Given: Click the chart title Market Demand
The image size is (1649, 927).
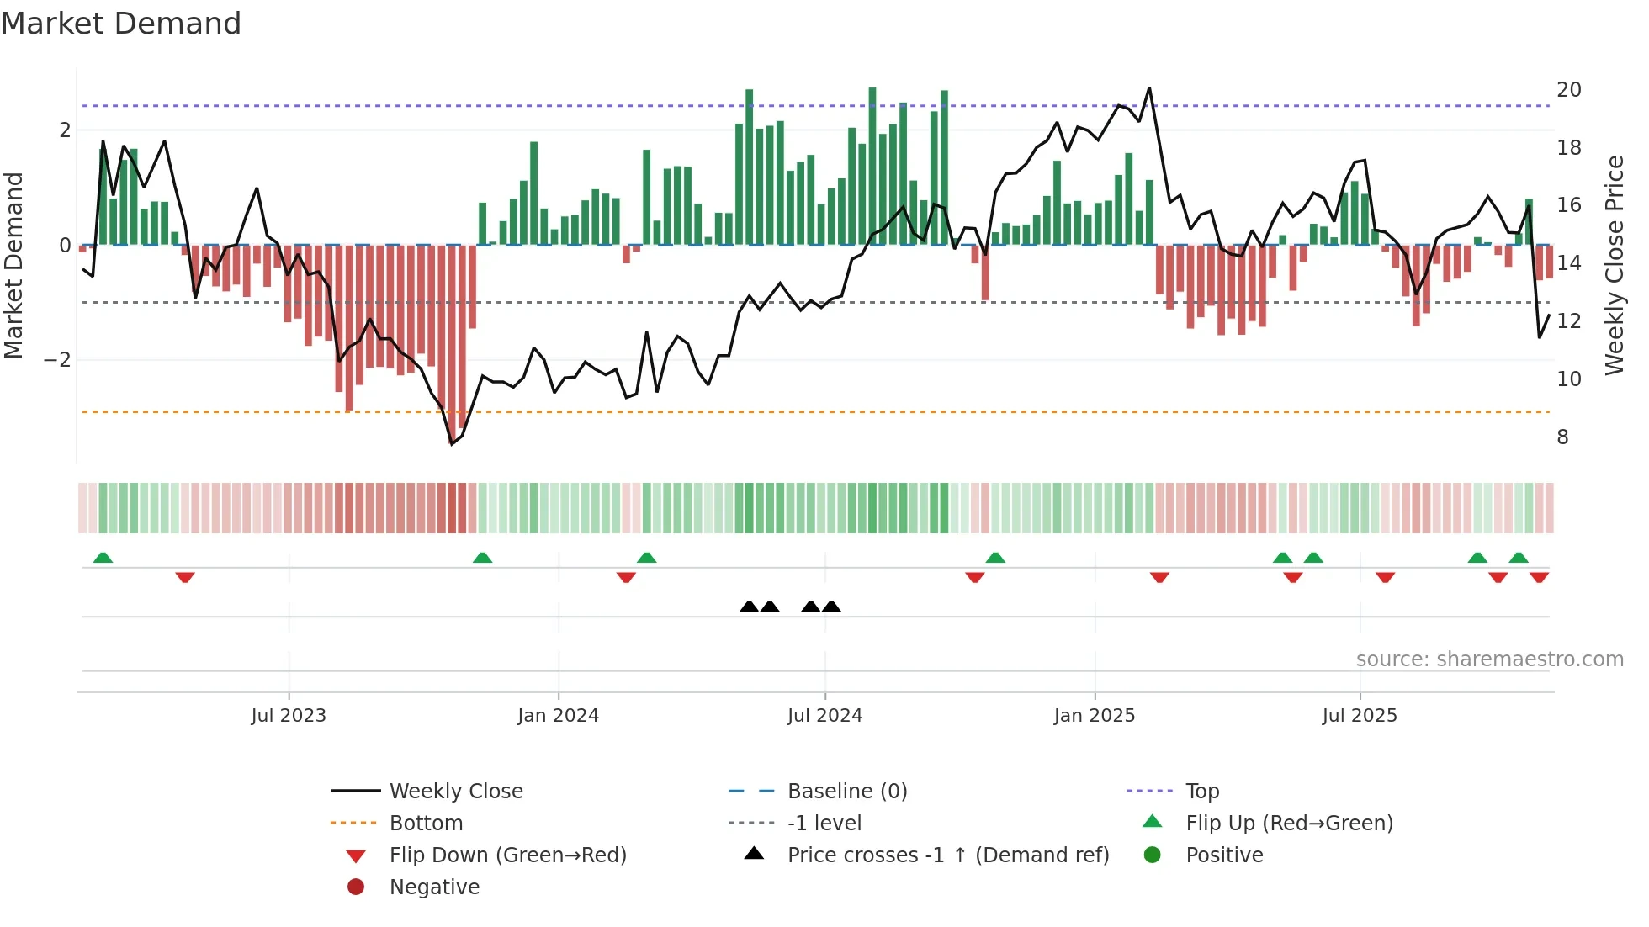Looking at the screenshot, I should click(121, 24).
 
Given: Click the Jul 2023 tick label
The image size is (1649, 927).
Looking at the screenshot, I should click(288, 716).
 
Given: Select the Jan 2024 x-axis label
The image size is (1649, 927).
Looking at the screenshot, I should click(558, 716).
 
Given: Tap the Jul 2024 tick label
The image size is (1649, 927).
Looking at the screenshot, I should click(824, 716).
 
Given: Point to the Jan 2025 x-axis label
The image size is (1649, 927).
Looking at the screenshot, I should click(1094, 716).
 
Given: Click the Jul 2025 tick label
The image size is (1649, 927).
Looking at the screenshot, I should click(1359, 716).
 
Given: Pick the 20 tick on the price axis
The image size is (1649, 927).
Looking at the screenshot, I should click(1568, 90).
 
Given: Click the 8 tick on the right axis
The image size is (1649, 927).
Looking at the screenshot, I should click(1562, 437).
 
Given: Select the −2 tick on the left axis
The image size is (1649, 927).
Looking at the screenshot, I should click(57, 360).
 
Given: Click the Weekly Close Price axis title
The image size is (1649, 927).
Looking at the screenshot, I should click(1614, 265).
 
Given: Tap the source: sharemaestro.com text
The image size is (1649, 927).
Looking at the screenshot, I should click(1489, 659).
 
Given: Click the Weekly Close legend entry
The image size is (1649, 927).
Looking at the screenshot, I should click(455, 792).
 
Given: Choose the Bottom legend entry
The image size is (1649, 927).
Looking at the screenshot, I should click(426, 824).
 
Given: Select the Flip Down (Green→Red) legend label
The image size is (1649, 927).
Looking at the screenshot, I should click(507, 855).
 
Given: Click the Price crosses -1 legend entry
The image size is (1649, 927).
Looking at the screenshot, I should click(947, 855).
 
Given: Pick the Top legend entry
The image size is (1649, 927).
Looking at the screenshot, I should click(1201, 792).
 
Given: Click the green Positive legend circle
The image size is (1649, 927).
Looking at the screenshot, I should click(1153, 855).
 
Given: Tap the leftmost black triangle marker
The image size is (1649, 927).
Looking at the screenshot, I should click(749, 607).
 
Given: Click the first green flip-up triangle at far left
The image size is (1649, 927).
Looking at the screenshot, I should click(103, 558).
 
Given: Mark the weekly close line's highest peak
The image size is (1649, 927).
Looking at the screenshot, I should click(1148, 88).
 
